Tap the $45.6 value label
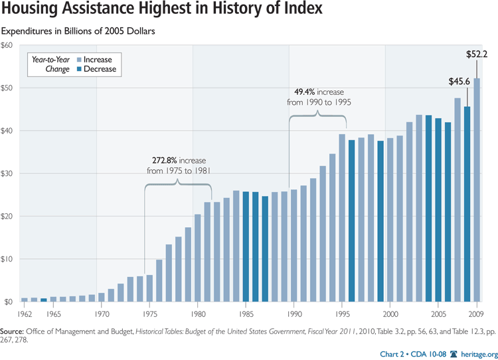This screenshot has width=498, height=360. pos(457,82)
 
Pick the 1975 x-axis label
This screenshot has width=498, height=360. pos(149,313)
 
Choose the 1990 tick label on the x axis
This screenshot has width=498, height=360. pos(293,313)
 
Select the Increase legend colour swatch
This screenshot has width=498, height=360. pos(79,59)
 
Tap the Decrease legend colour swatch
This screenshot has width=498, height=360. pos(79,69)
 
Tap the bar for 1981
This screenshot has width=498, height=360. pos(207,252)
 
